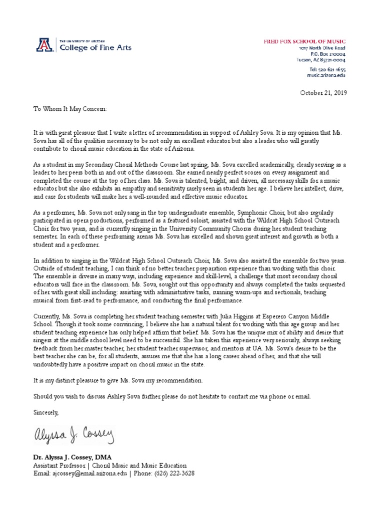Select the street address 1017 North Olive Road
tap(322, 48)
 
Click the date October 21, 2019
tap(323, 93)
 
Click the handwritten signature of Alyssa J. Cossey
tap(74, 438)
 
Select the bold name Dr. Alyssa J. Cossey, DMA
tap(73, 457)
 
